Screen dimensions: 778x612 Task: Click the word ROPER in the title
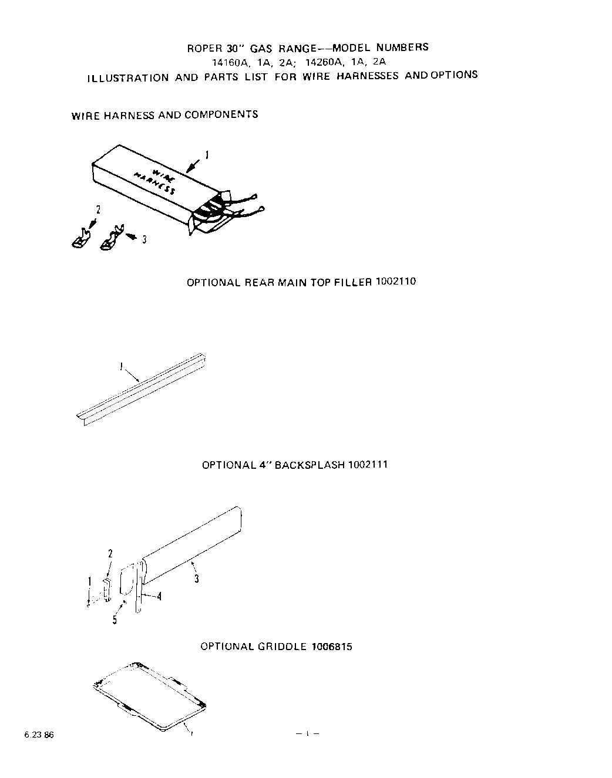coord(201,49)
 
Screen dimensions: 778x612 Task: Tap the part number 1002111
coord(368,465)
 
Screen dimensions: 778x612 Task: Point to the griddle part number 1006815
coord(332,647)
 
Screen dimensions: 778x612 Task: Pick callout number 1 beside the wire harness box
coord(206,155)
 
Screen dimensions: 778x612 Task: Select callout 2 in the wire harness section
coord(98,209)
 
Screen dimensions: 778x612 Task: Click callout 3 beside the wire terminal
coord(144,239)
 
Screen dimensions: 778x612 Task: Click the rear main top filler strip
coord(141,387)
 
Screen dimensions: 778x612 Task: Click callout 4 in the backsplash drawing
coord(159,596)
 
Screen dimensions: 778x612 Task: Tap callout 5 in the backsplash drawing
coord(115,620)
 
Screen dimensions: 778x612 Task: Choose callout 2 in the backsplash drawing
coord(110,553)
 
